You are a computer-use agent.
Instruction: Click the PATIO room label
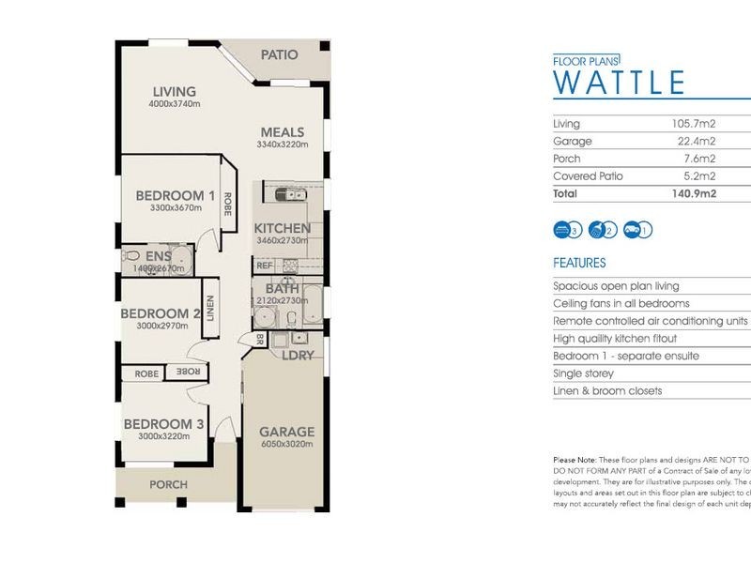coord(280,54)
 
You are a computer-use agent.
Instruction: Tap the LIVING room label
coord(175,92)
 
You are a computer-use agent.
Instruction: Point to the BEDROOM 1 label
coord(176,196)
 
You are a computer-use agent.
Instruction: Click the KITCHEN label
coord(283,228)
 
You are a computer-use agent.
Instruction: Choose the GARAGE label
coord(287,433)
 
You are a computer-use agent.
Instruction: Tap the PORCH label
coord(168,485)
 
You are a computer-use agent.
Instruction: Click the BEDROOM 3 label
coord(163,424)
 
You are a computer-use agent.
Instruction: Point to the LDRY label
coord(298,356)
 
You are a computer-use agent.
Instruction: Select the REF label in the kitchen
coord(264,266)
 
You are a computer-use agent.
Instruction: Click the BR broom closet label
coord(260,339)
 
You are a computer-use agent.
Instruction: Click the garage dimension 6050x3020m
coord(287,445)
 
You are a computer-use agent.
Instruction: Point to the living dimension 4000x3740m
coord(175,104)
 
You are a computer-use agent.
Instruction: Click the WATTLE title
coord(620,83)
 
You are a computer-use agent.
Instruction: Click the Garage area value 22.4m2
coord(699,142)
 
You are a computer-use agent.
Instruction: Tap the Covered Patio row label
coord(588,176)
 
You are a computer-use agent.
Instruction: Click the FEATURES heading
coord(579,264)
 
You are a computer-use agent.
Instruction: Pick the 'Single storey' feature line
coord(586,373)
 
